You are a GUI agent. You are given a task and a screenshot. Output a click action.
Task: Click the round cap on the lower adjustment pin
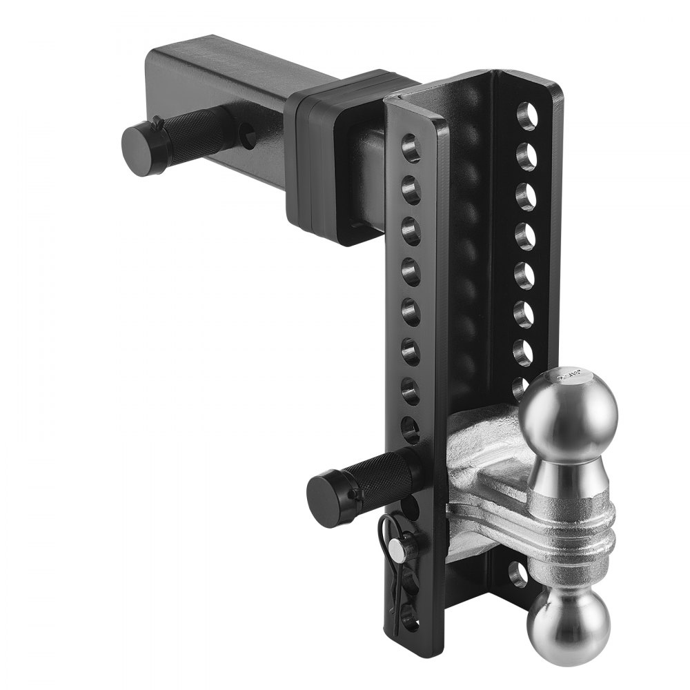coord(328,500)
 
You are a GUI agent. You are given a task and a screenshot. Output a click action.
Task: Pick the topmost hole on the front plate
coord(411,148)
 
